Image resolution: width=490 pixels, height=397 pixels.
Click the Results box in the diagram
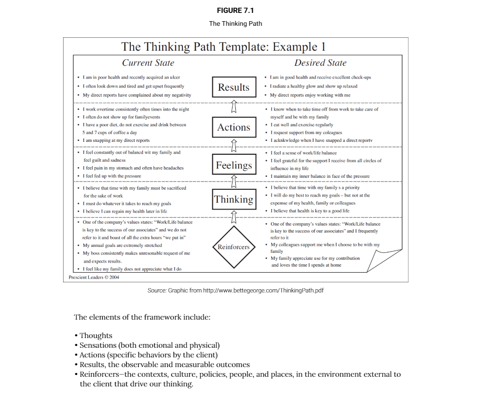(x=233, y=87)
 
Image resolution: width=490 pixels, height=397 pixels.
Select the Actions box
(x=233, y=127)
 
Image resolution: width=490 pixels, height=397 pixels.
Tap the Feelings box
(x=234, y=165)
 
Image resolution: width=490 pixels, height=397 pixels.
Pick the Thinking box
(x=233, y=199)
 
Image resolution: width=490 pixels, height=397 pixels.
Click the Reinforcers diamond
(x=233, y=247)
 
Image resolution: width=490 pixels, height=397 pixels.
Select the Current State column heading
(x=148, y=63)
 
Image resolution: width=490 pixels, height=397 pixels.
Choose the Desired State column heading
(x=320, y=63)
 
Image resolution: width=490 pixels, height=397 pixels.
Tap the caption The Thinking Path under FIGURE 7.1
(x=235, y=23)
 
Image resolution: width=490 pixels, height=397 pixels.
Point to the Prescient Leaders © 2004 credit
(x=94, y=277)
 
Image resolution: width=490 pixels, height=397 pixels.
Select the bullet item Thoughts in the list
(x=96, y=336)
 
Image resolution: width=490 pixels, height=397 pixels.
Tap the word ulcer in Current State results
(x=175, y=77)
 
